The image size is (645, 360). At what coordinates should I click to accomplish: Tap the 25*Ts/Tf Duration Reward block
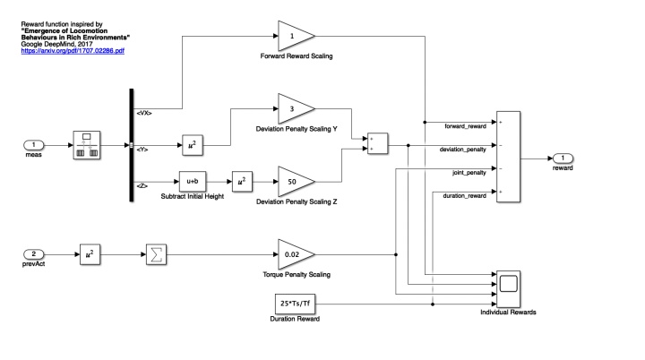296,304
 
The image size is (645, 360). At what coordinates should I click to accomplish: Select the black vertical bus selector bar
131,144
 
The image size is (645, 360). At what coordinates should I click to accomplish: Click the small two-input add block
377,144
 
